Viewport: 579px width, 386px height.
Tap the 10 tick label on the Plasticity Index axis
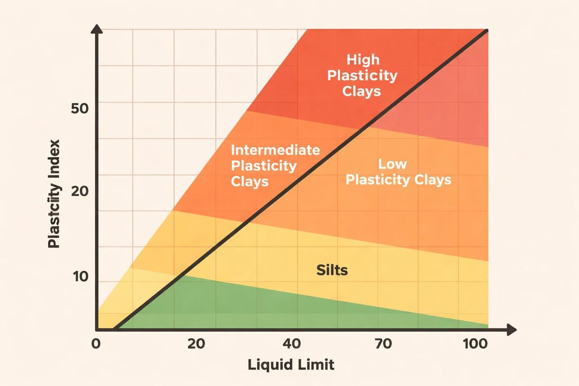80,277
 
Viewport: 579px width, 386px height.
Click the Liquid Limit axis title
291,365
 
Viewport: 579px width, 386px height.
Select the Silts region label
332,270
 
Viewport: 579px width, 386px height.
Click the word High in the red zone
363,60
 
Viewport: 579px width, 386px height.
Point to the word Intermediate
275,150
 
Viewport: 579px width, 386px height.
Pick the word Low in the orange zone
392,164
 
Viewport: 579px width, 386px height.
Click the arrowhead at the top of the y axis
97,30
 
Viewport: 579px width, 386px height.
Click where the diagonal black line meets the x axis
114,330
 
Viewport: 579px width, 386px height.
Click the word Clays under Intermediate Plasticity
250,182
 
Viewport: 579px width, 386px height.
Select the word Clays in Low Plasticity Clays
429,180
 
